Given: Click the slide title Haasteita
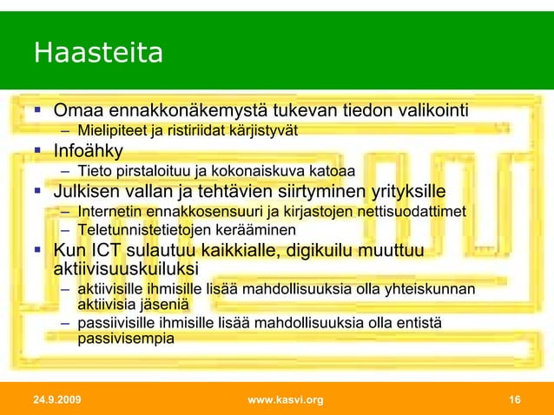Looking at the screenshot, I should (98, 54).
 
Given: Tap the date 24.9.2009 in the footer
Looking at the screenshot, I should (58, 399).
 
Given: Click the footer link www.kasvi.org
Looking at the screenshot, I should (285, 399).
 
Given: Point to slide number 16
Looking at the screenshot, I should (514, 399).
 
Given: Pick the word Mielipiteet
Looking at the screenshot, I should (112, 132).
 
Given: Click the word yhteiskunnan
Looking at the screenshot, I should (429, 288).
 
